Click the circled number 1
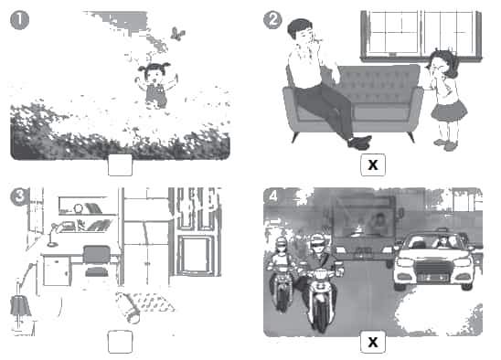(x=19, y=20)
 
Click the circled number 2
(x=272, y=20)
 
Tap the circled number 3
(x=19, y=196)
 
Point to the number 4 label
(x=273, y=196)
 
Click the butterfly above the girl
(x=177, y=34)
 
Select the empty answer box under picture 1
(x=120, y=164)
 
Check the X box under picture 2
(x=373, y=164)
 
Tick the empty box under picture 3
(x=120, y=342)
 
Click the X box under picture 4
(x=373, y=342)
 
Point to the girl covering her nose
(x=445, y=99)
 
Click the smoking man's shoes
(x=360, y=142)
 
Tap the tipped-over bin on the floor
(x=128, y=307)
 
